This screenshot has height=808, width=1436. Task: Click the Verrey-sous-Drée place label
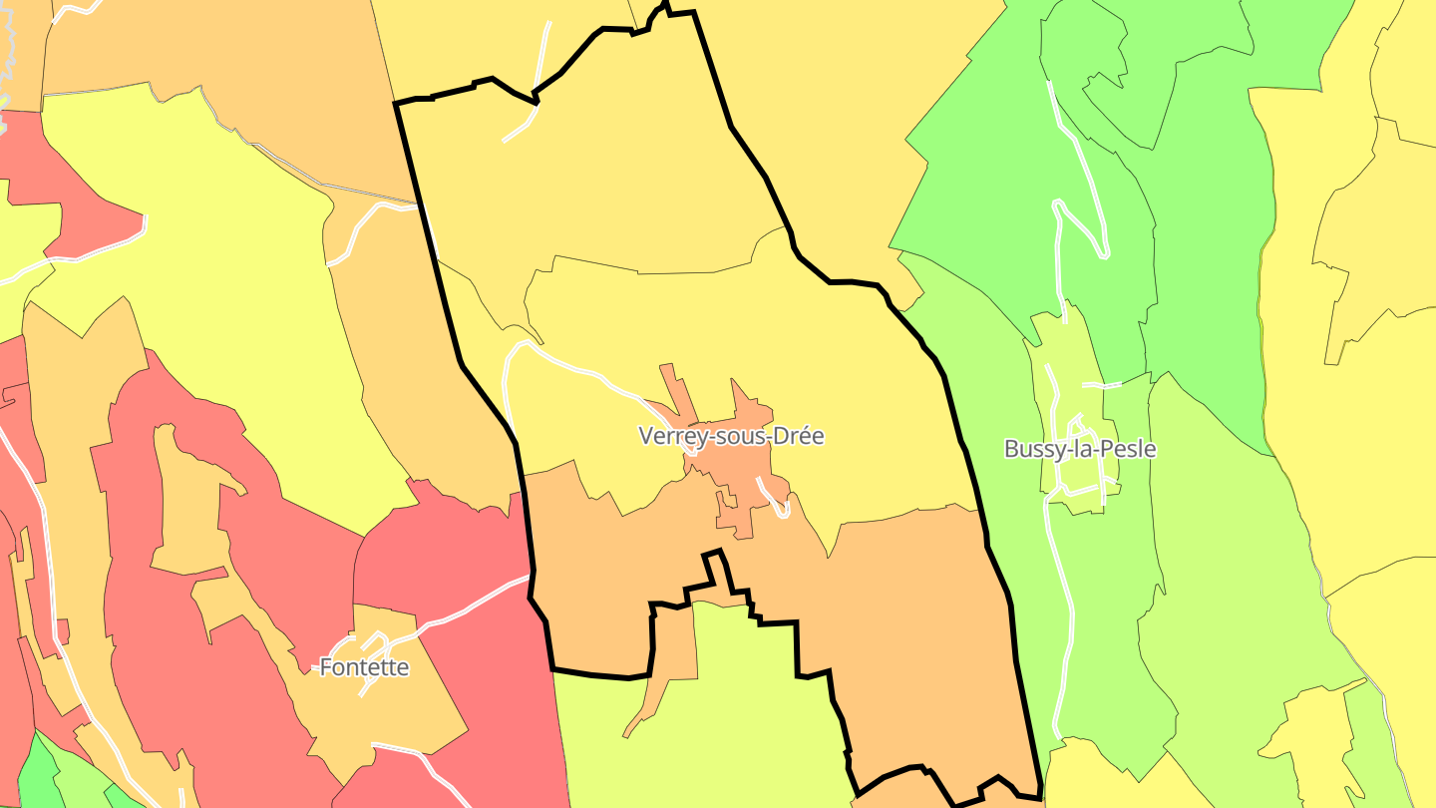pos(731,436)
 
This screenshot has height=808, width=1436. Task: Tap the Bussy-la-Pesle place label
pos(1080,449)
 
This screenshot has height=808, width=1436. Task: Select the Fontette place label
pos(364,667)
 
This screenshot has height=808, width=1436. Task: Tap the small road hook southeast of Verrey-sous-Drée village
pos(778,504)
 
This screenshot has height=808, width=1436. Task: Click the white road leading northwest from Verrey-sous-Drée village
pos(588,373)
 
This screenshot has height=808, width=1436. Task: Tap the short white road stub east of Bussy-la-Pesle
pos(1102,384)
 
